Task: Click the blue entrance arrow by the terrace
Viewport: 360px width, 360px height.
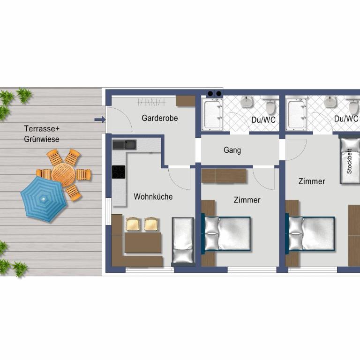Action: (100, 120)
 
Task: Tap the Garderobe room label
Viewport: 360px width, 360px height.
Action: (160, 118)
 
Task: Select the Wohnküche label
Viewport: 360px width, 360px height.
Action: (153, 196)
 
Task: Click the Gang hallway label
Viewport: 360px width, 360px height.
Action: (232, 150)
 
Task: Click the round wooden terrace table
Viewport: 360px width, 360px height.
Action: (63, 174)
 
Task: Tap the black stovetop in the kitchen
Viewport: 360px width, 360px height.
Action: (119, 172)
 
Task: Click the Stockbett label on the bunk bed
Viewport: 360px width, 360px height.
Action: (349, 161)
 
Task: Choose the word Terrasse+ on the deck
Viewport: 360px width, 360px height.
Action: (42, 128)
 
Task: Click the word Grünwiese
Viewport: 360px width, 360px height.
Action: (42, 139)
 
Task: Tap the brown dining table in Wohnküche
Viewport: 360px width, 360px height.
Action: (143, 242)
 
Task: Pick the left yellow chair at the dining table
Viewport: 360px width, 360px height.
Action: (133, 224)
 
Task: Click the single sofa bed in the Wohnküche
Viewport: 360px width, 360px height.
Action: (183, 240)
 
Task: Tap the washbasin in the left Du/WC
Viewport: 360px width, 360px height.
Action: (247, 101)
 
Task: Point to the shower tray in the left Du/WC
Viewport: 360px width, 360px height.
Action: (212, 115)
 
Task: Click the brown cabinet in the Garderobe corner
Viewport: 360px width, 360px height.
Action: (186, 101)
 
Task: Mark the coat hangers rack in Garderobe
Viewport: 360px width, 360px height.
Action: (151, 102)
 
